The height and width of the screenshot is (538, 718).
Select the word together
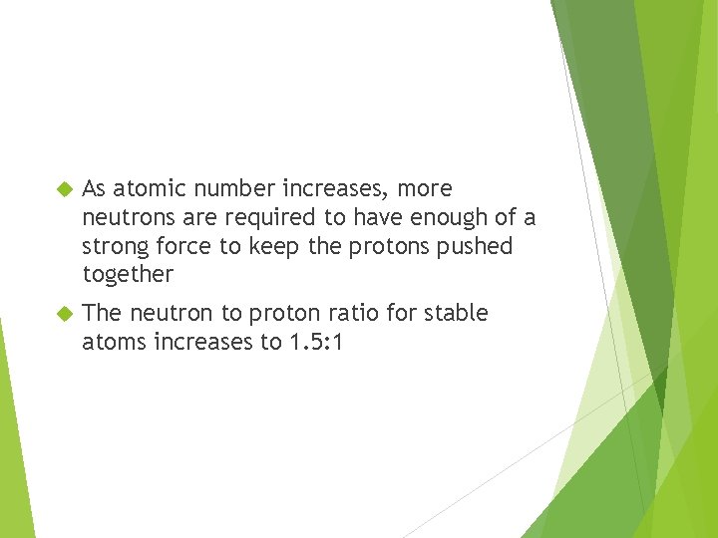click(128, 274)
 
